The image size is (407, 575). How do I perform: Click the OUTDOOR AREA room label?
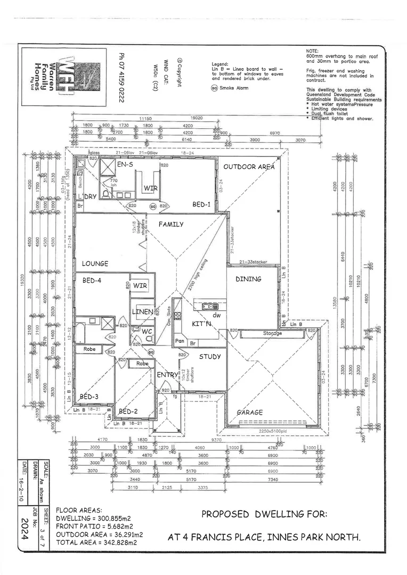pyautogui.click(x=249, y=167)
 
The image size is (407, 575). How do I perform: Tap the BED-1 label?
pyautogui.click(x=201, y=204)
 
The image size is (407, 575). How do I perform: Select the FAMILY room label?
pyautogui.click(x=171, y=224)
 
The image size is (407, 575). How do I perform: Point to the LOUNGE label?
pyautogui.click(x=95, y=264)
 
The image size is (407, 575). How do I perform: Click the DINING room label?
pyautogui.click(x=248, y=279)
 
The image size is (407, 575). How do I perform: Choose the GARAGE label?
pyautogui.click(x=250, y=413)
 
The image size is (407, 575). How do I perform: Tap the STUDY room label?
pyautogui.click(x=210, y=357)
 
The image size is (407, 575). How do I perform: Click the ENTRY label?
pyautogui.click(x=167, y=375)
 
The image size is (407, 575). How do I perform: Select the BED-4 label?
pyautogui.click(x=92, y=280)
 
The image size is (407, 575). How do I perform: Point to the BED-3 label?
pyautogui.click(x=89, y=397)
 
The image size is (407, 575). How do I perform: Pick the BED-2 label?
pyautogui.click(x=128, y=412)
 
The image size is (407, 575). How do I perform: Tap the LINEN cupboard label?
pyautogui.click(x=143, y=311)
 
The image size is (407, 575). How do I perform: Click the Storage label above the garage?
pyautogui.click(x=272, y=334)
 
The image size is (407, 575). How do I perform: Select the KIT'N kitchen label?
pyautogui.click(x=202, y=324)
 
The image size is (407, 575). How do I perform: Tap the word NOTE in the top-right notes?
pyautogui.click(x=313, y=50)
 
